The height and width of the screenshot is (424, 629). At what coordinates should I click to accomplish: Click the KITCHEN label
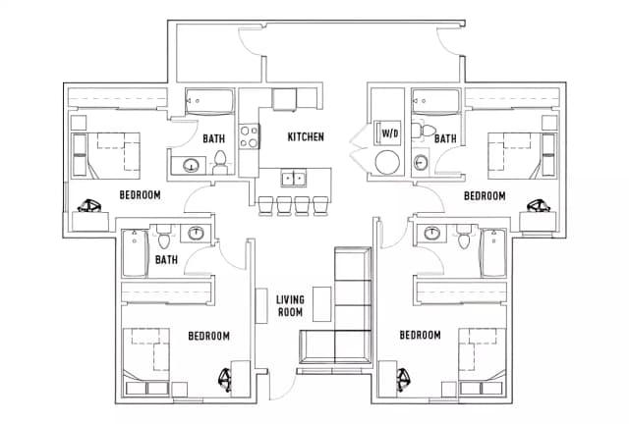pyautogui.click(x=306, y=137)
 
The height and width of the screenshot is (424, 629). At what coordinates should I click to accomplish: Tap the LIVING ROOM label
pyautogui.click(x=290, y=306)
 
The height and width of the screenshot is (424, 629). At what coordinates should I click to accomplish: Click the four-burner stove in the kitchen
pyautogui.click(x=249, y=136)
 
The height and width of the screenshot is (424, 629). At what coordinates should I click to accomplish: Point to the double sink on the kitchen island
pyautogui.click(x=294, y=178)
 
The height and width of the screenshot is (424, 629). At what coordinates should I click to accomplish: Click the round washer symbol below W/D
pyautogui.click(x=387, y=162)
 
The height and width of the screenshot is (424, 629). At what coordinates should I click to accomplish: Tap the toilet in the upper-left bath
pyautogui.click(x=220, y=162)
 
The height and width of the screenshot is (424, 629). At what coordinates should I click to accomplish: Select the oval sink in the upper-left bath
pyautogui.click(x=192, y=165)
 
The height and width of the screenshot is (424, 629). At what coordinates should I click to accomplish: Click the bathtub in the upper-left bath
pyautogui.click(x=209, y=102)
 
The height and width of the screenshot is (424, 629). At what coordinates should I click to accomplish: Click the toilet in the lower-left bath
pyautogui.click(x=163, y=238)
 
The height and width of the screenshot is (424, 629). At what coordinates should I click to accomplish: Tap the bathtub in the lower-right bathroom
pyautogui.click(x=493, y=252)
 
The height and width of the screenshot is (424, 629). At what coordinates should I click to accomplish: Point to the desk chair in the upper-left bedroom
pyautogui.click(x=89, y=206)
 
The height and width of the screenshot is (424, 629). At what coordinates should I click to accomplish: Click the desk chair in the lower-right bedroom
pyautogui.click(x=402, y=380)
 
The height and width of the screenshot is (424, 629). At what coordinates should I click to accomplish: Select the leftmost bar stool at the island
pyautogui.click(x=265, y=205)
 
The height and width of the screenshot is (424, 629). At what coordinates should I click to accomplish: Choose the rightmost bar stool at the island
pyautogui.click(x=320, y=205)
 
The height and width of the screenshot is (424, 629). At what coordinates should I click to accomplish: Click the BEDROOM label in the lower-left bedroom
pyautogui.click(x=209, y=336)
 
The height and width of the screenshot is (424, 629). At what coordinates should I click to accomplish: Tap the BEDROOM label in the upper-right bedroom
pyautogui.click(x=485, y=196)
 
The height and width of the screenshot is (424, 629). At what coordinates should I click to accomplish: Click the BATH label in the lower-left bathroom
pyautogui.click(x=166, y=260)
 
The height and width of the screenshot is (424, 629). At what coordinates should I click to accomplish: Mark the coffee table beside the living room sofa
pyautogui.click(x=321, y=304)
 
